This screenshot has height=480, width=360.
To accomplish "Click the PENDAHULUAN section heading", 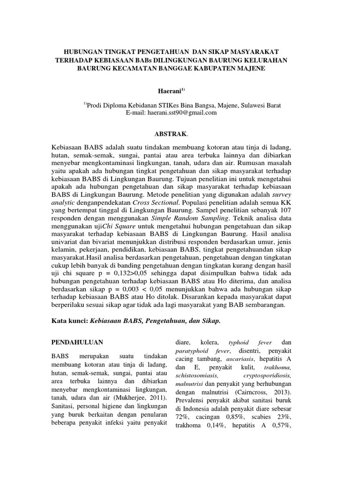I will (x=77, y=342).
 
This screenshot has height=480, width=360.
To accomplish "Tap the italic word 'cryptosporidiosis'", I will (x=268, y=376).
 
